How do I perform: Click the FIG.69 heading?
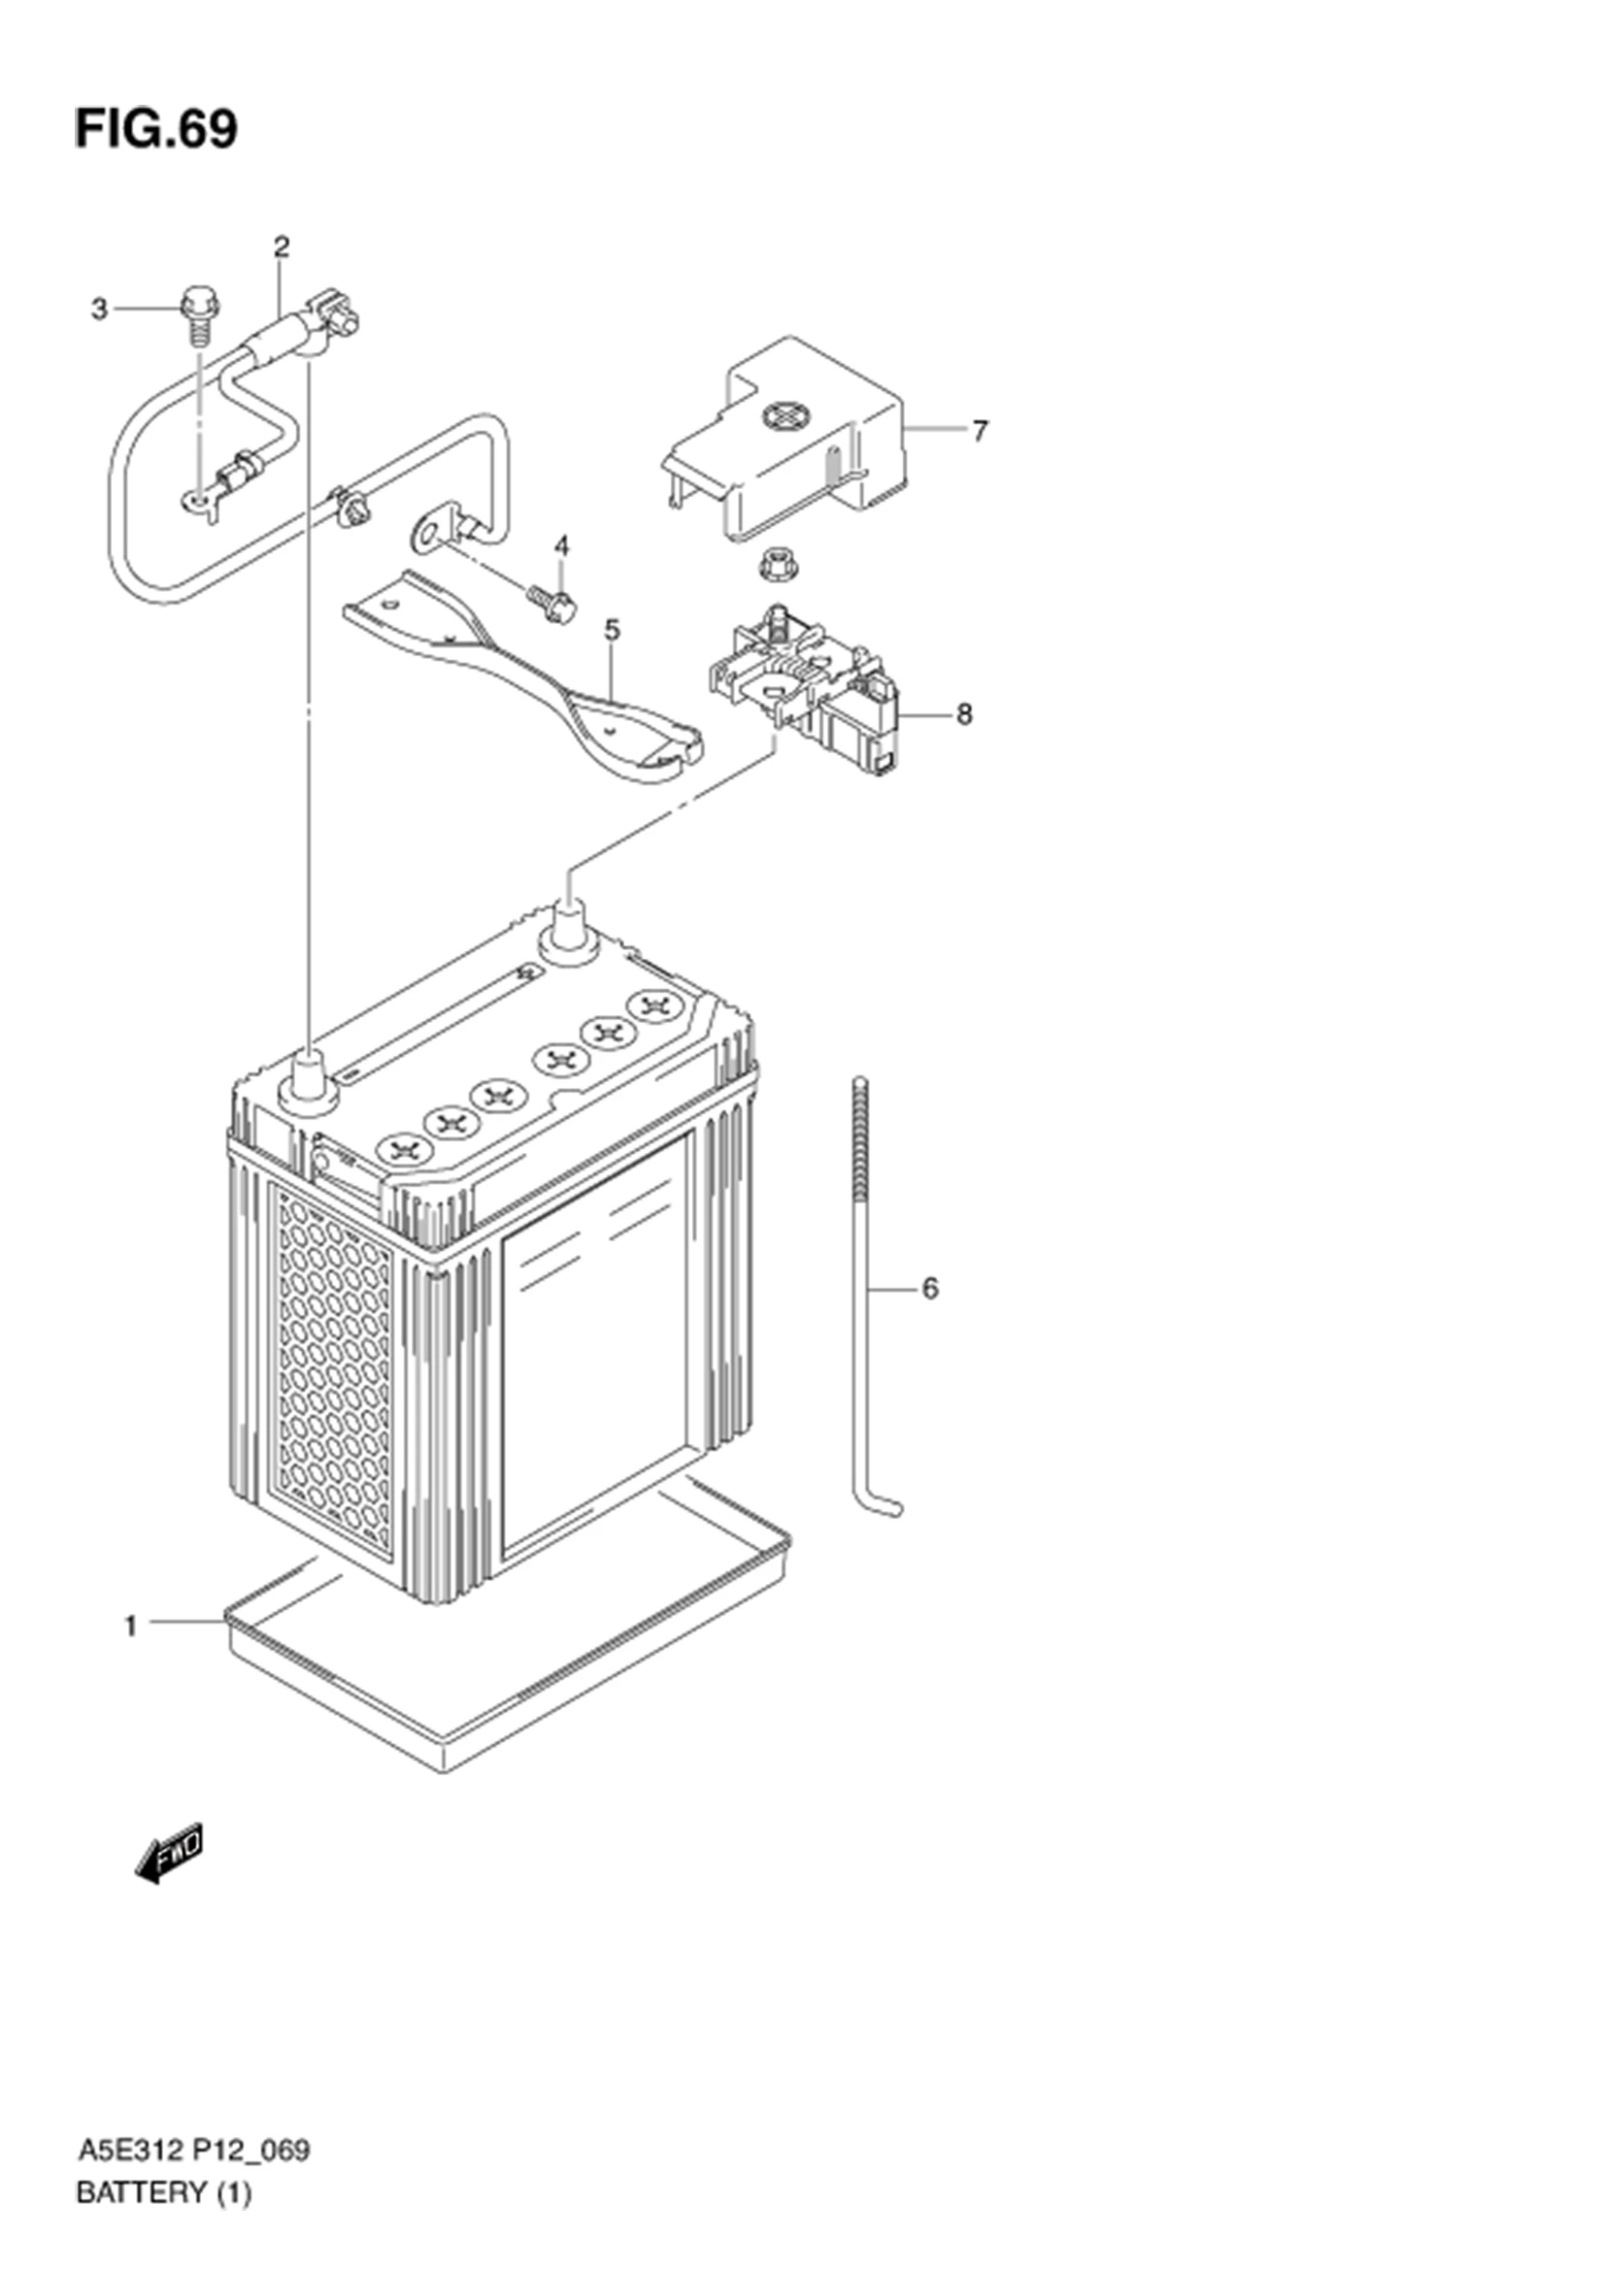point(156,129)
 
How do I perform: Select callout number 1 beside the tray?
point(130,1626)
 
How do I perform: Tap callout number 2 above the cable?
point(282,247)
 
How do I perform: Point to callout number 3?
point(99,310)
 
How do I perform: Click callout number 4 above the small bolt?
point(561,545)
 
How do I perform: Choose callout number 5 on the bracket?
point(612,630)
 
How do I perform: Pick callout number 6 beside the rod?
point(929,1288)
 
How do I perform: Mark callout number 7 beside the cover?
point(979,431)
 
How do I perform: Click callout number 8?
point(964,714)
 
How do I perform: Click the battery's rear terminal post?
point(570,929)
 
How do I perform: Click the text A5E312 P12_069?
point(193,2151)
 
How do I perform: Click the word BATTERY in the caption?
point(140,2193)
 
